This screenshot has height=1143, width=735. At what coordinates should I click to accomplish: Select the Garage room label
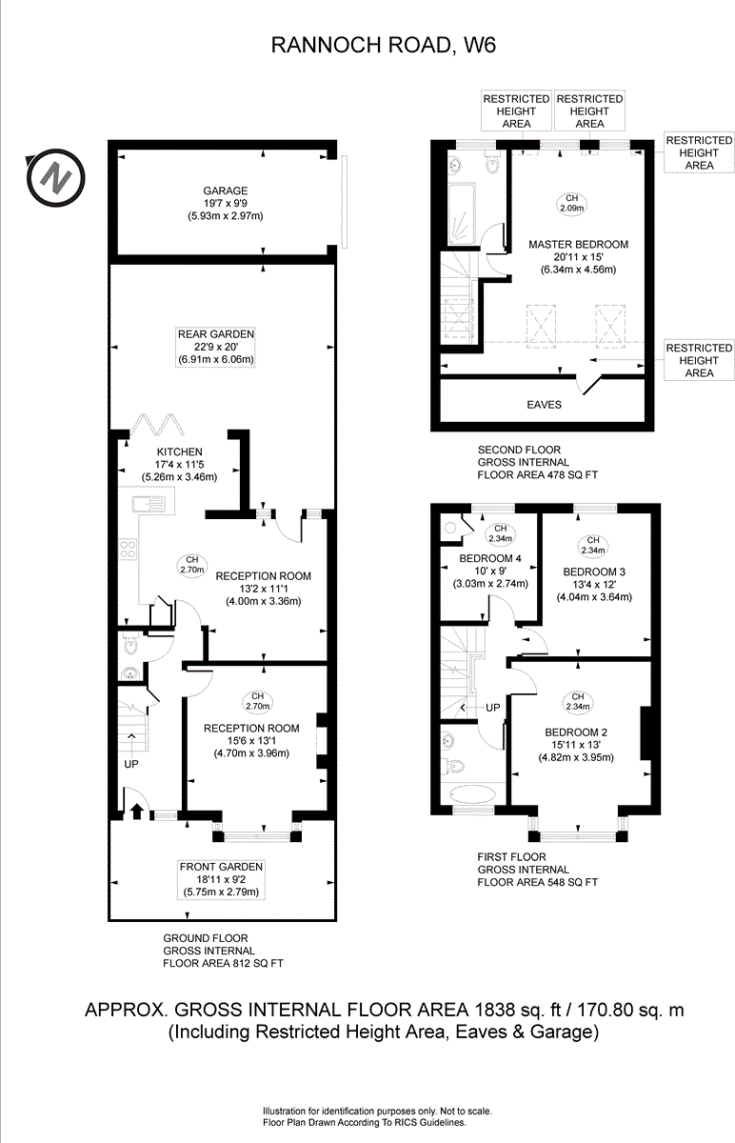click(225, 190)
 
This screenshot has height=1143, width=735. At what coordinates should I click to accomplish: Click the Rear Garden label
click(216, 334)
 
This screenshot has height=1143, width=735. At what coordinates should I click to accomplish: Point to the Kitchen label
click(179, 451)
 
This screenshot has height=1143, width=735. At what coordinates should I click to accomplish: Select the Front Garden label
click(221, 866)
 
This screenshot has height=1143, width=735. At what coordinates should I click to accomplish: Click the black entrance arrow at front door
click(135, 812)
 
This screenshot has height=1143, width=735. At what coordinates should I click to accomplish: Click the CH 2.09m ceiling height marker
click(569, 203)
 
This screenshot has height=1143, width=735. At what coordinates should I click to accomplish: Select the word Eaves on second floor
click(545, 405)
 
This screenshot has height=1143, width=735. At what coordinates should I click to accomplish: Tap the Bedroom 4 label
click(490, 558)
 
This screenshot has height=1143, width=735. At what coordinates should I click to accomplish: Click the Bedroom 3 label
click(594, 571)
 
